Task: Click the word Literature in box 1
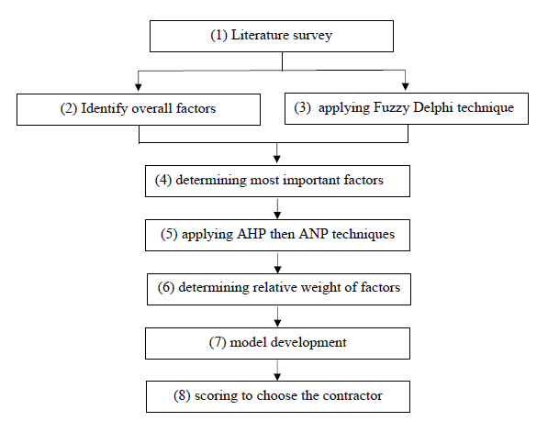260,35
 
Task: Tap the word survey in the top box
312,36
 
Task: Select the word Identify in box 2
104,108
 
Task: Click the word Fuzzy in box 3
391,107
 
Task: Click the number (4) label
163,180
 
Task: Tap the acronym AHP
252,234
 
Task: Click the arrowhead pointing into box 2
139,87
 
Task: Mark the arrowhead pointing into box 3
406,86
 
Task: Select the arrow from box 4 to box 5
277,209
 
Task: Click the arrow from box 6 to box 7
277,317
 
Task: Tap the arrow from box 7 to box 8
277,371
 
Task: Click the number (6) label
166,287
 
